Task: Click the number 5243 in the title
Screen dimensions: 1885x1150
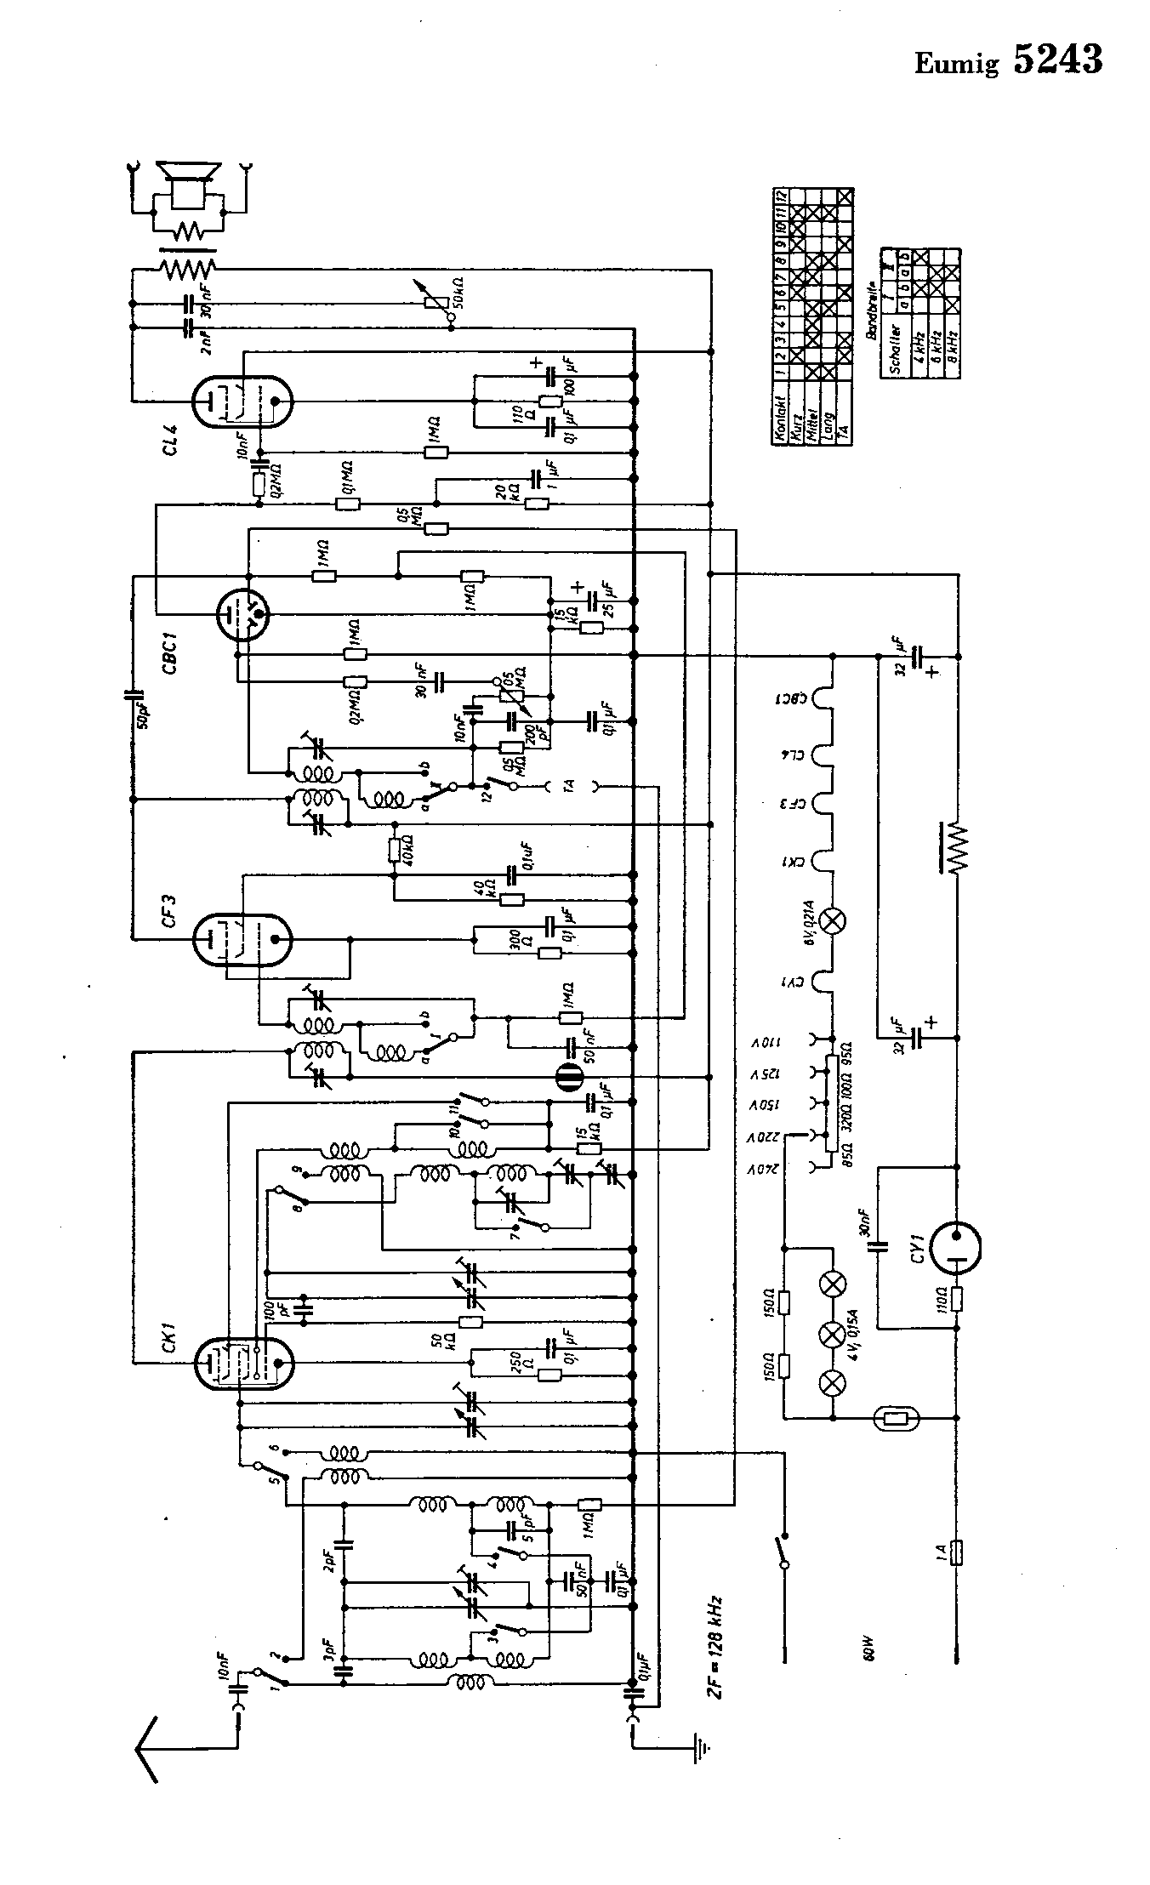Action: [1058, 60]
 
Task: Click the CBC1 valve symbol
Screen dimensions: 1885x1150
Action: [242, 612]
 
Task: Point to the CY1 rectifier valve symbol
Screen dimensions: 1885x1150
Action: [956, 1248]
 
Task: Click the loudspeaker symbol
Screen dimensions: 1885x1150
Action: [189, 185]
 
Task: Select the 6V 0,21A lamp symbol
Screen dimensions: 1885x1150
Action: [834, 920]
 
